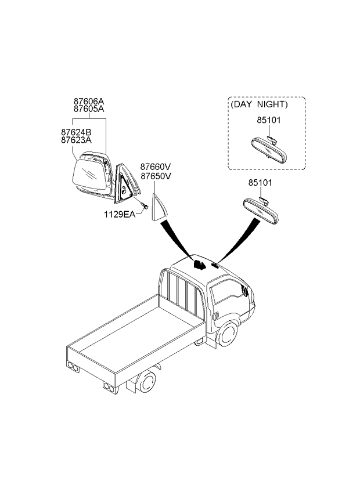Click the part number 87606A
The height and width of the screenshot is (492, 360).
pos(89,102)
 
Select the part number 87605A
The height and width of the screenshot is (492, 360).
pos(89,109)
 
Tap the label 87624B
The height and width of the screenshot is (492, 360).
pos(76,132)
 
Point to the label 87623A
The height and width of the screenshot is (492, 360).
pos(76,140)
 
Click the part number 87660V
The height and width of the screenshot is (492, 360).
pos(156,167)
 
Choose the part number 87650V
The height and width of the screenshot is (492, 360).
pos(156,176)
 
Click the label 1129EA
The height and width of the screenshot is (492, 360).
pos(120,215)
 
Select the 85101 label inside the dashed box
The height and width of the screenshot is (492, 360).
pos(269,120)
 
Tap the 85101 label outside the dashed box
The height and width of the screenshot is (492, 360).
pos(260,183)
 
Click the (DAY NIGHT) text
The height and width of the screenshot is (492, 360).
pos(259,104)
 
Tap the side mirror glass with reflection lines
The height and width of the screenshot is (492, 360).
pos(89,174)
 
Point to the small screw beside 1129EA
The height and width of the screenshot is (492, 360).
pos(145,206)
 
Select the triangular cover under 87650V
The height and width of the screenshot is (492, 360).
pos(159,207)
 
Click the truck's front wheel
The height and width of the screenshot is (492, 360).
pos(228,333)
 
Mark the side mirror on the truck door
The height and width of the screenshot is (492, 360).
pos(245,290)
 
